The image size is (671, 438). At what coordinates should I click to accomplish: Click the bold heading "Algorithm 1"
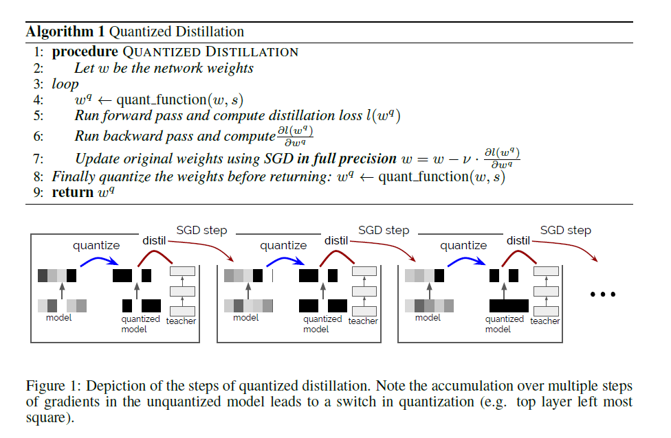click(x=65, y=32)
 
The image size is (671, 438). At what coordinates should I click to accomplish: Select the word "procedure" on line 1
click(x=84, y=51)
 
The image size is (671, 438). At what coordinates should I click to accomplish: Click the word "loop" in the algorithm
click(x=65, y=84)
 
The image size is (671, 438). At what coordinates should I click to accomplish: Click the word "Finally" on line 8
click(x=72, y=176)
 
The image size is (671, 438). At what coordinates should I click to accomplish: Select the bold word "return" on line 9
click(x=72, y=192)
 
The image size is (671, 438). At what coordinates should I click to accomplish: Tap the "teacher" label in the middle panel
click(x=363, y=321)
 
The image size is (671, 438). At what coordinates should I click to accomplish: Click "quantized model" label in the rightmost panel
click(x=504, y=324)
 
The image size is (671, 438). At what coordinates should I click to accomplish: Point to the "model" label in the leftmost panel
click(x=59, y=318)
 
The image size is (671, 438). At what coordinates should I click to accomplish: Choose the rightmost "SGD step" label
click(x=565, y=230)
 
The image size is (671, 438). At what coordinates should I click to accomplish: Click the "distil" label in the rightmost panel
click(x=518, y=240)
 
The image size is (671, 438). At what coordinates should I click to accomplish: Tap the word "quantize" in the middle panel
click(x=283, y=245)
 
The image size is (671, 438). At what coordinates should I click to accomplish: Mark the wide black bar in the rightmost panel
click(x=508, y=306)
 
